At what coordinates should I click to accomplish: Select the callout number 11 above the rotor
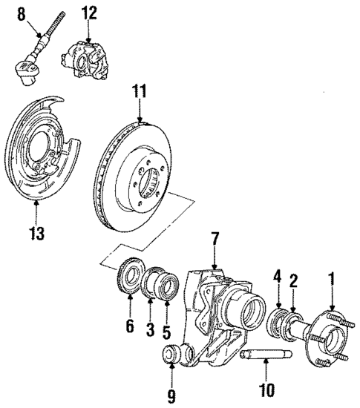140,91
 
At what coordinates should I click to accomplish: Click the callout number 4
278,278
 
